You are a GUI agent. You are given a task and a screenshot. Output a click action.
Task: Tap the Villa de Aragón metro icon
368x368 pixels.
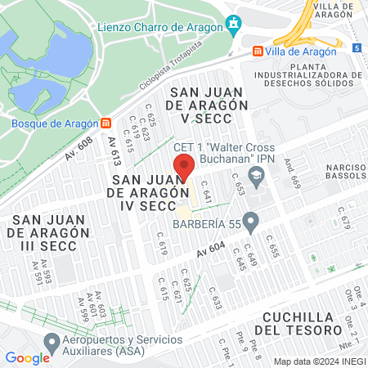point(258,51)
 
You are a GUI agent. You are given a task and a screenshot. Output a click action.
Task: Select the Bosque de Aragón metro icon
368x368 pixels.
point(106,123)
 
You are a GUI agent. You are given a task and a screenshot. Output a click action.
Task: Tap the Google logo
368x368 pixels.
point(27,357)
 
